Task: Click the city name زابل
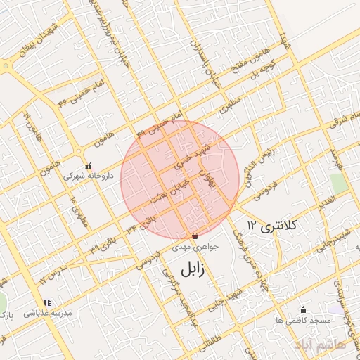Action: [191, 270]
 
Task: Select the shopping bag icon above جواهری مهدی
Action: [195, 236]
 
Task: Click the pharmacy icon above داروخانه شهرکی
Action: [87, 166]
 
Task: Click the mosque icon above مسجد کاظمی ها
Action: [303, 309]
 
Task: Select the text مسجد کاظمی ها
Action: [303, 320]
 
